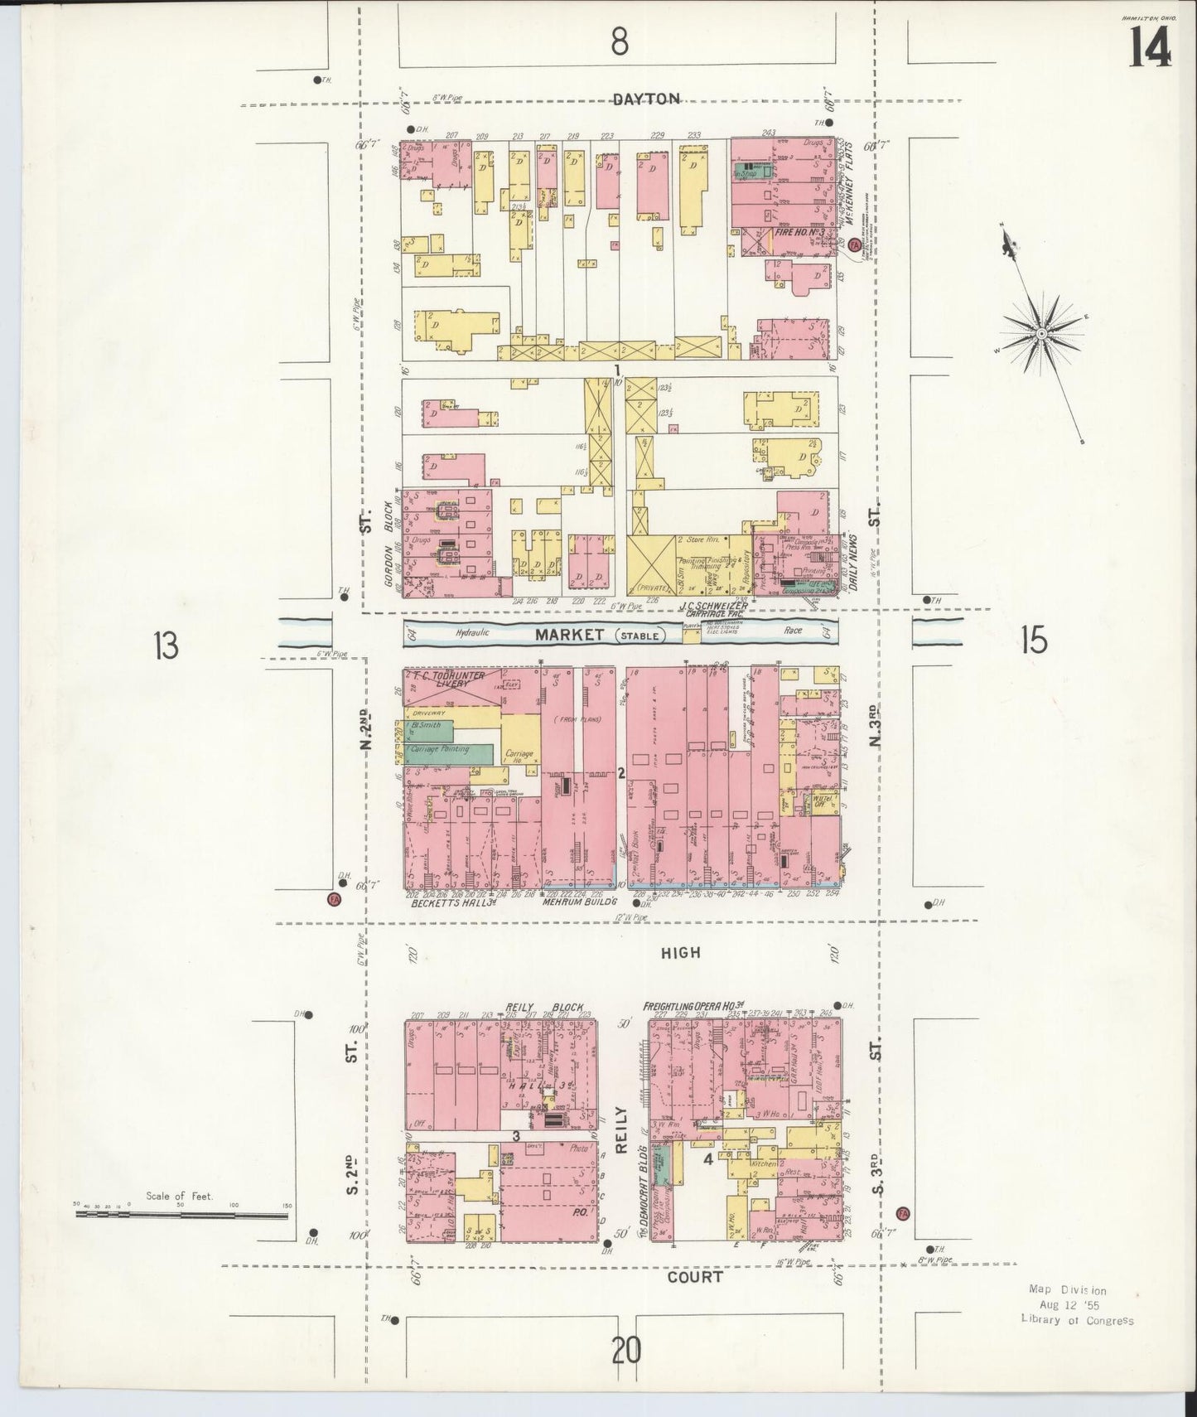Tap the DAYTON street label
647,99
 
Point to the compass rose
1042,334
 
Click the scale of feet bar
181,1215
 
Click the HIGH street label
680,953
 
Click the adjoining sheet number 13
166,646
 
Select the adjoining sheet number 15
1034,641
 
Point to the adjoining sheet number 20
626,1352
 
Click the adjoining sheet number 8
619,42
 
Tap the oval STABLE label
641,636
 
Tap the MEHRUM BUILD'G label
575,904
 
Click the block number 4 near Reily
708,1159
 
